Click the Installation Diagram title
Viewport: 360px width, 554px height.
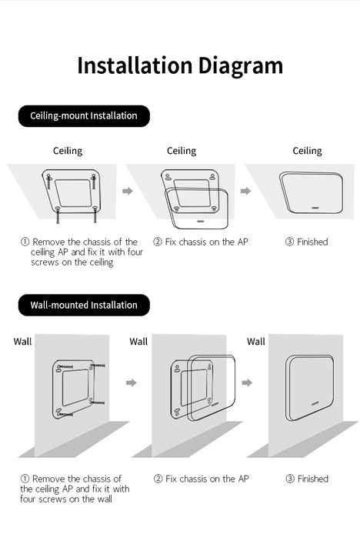[x=180, y=65]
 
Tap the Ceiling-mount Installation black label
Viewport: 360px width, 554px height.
[x=84, y=116]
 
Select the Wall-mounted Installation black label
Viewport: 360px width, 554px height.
[x=84, y=305]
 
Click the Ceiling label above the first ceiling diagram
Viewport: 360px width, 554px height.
[x=68, y=151]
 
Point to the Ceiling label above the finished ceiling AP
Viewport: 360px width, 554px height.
[x=308, y=151]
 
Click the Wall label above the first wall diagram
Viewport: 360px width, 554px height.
[x=22, y=341]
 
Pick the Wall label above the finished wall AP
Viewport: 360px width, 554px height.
[x=256, y=341]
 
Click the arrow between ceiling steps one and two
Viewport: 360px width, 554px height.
[x=128, y=190]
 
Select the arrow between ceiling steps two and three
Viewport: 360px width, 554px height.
[x=245, y=190]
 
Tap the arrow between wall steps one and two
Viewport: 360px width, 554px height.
[x=131, y=382]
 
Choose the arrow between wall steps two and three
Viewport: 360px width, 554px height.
[x=247, y=382]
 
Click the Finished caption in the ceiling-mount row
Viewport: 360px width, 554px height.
[x=307, y=242]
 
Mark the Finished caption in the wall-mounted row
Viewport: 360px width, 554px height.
[x=307, y=479]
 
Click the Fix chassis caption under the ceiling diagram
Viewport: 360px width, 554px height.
[x=201, y=242]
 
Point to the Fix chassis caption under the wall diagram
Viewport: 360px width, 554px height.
[x=201, y=479]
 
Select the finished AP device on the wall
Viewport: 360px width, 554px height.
[x=309, y=387]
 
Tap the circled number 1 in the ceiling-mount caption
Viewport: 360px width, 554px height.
[x=25, y=242]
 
